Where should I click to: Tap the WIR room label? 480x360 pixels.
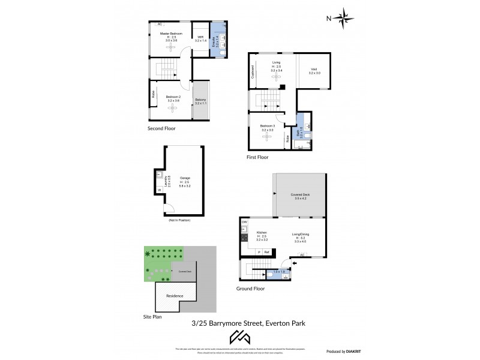click(x=200, y=37)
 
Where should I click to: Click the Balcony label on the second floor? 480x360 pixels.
click(x=201, y=100)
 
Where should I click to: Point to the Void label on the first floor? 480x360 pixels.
click(x=314, y=70)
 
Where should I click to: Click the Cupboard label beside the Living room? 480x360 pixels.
click(x=253, y=72)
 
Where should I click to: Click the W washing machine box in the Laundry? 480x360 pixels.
click(x=160, y=191)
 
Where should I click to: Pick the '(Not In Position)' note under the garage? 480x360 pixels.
click(x=179, y=220)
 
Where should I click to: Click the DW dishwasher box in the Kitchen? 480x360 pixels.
click(x=244, y=223)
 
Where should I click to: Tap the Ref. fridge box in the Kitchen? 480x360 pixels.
click(x=266, y=252)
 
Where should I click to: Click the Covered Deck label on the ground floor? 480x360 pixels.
click(x=300, y=195)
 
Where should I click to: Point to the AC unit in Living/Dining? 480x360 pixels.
click(x=302, y=255)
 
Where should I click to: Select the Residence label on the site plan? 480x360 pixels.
click(x=175, y=296)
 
